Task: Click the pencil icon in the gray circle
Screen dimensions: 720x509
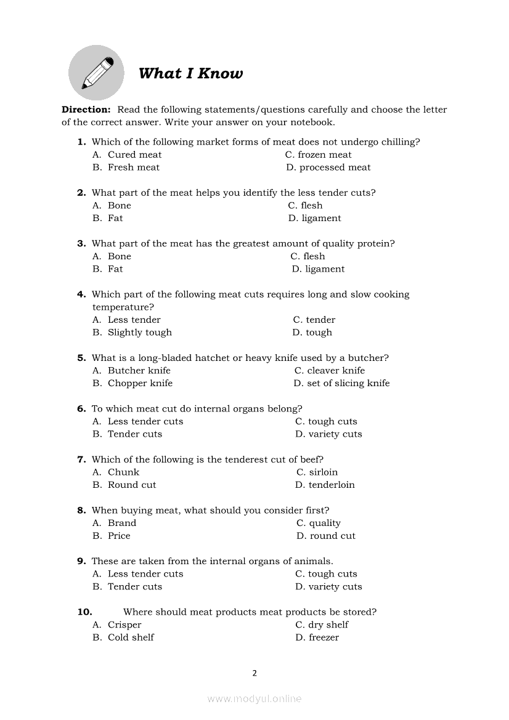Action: pyautogui.click(x=96, y=73)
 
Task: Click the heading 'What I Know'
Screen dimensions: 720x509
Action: pyautogui.click(x=190, y=74)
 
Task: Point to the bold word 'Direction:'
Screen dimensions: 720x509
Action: pyautogui.click(x=86, y=110)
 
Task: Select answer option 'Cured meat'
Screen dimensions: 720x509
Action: pyautogui.click(x=134, y=155)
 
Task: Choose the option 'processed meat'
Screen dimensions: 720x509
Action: pyautogui.click(x=335, y=168)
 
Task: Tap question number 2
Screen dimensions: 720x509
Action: pyautogui.click(x=81, y=193)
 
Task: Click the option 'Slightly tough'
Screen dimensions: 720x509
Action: pyautogui.click(x=139, y=333)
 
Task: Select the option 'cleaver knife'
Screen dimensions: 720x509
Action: pyautogui.click(x=336, y=371)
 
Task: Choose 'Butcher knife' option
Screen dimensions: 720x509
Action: pyautogui.click(x=139, y=371)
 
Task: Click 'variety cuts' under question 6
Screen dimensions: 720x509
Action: pyautogui.click(x=335, y=434)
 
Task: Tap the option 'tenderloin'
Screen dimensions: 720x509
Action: pyautogui.click(x=332, y=485)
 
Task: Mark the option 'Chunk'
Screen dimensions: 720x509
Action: pyautogui.click(x=123, y=472)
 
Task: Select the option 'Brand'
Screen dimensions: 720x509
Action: pyautogui.click(x=121, y=523)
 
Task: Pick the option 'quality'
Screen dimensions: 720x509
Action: pyautogui.click(x=325, y=523)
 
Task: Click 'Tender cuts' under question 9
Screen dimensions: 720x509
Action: pyautogui.click(x=134, y=586)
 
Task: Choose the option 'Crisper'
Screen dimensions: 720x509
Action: pyautogui.click(x=124, y=625)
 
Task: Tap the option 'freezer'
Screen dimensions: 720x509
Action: pyautogui.click(x=324, y=637)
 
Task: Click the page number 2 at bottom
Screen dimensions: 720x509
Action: pyautogui.click(x=254, y=673)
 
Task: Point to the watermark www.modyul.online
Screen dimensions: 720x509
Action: pyautogui.click(x=254, y=698)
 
